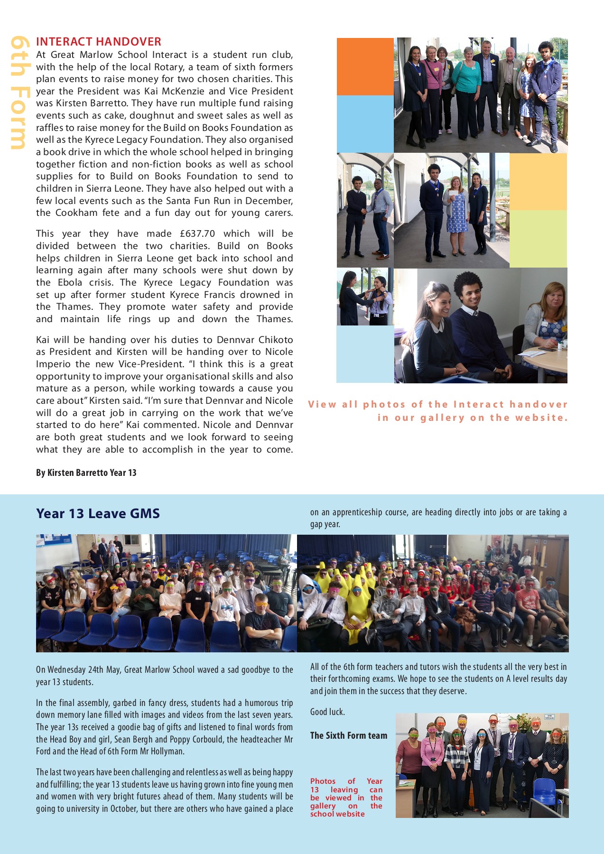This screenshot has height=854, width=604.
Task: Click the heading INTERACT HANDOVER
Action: pyautogui.click(x=99, y=42)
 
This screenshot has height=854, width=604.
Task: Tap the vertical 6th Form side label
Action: pyautogui.click(x=18, y=93)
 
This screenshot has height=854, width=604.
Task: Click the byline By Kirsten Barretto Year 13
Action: pyautogui.click(x=86, y=473)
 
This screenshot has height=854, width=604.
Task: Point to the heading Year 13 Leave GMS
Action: pyautogui.click(x=98, y=514)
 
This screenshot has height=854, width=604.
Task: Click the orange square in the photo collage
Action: pyautogui.click(x=365, y=66)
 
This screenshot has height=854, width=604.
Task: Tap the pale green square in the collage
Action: pyautogui.click(x=538, y=239)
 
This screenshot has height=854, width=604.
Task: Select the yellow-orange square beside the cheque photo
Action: pyautogui.click(x=538, y=181)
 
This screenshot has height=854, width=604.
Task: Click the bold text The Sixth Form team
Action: pyautogui.click(x=349, y=736)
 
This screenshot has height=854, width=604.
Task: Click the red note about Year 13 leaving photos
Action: pyautogui.click(x=346, y=798)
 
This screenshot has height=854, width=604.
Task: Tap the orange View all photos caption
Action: pyautogui.click(x=438, y=411)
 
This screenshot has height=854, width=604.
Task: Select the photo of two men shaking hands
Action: pyautogui.click(x=365, y=210)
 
